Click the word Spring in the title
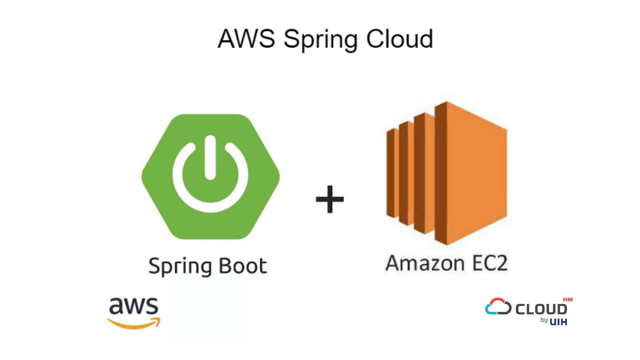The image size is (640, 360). point(320,40)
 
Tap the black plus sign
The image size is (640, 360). point(330,199)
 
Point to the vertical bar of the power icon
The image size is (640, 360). point(210,157)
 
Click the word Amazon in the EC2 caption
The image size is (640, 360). point(425,263)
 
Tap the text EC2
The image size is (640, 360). point(490,263)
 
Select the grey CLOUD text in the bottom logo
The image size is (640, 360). point(541,309)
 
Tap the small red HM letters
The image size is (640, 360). point(568,300)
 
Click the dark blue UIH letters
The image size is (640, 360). point(558,322)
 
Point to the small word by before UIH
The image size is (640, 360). point(544,320)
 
